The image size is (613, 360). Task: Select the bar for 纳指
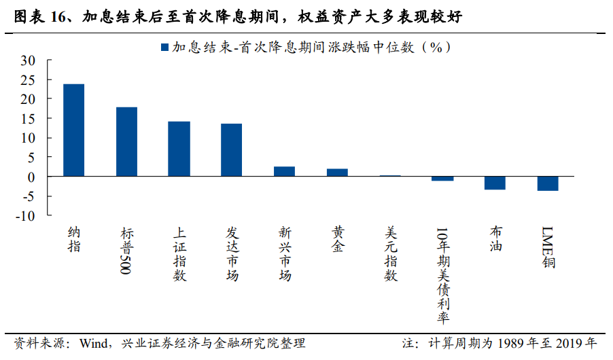coord(74,130)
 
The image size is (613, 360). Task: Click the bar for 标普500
coord(126,141)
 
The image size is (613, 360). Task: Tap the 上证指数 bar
coord(179,149)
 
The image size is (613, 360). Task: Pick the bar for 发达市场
coord(231,149)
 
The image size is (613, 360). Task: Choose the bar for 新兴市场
coord(284,171)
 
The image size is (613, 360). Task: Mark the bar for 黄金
coord(337,173)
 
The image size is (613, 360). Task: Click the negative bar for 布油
coord(495,183)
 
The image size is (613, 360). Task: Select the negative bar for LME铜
coord(548,183)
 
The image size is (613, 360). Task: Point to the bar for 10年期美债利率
coord(442,179)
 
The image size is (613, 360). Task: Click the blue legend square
coord(164,48)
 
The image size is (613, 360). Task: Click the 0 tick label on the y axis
coord(31,177)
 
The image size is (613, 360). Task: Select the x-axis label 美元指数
coord(390,253)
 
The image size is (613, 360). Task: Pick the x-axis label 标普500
coord(126,251)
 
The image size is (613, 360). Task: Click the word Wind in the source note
coord(94,343)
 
